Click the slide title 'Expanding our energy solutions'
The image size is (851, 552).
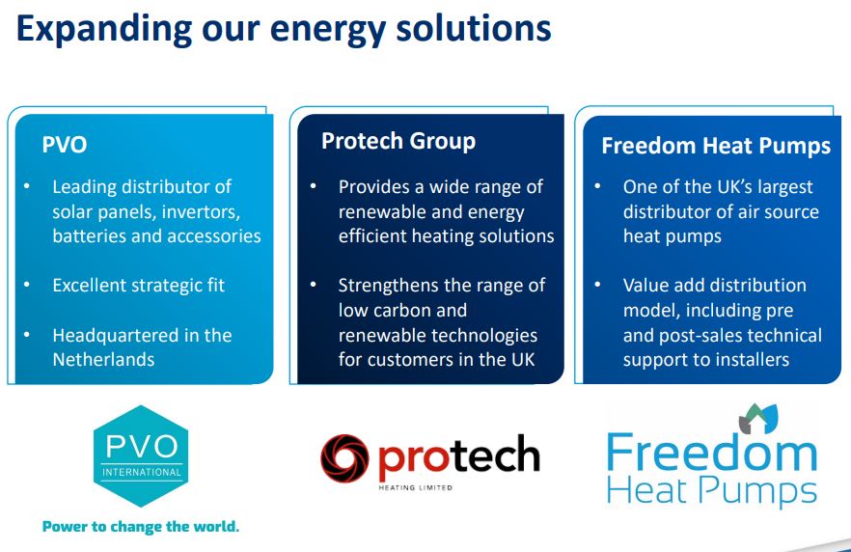[x=284, y=28]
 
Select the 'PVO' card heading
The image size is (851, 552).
[x=65, y=145]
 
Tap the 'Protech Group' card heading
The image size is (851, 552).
[x=398, y=141]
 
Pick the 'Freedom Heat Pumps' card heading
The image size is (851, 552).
[x=715, y=146]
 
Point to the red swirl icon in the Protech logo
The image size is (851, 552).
[x=345, y=457]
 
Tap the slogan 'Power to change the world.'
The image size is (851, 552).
[x=141, y=527]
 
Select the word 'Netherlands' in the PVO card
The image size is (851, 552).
[x=103, y=359]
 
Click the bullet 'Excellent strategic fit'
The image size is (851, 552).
[x=138, y=286]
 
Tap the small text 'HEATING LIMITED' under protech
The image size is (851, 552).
[x=416, y=487]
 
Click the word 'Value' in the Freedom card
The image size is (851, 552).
[x=646, y=286]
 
